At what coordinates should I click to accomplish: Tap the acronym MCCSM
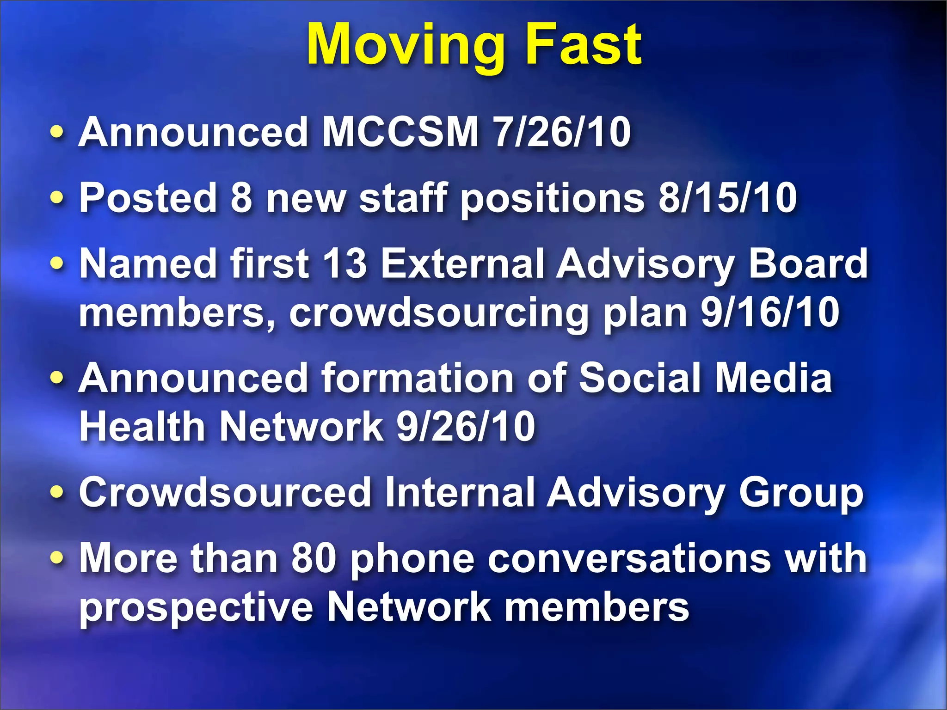(x=400, y=132)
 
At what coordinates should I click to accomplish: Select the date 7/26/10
(x=562, y=132)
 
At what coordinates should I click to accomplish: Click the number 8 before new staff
(x=241, y=198)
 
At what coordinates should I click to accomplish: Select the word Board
(x=808, y=263)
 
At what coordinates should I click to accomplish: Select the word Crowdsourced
(x=225, y=493)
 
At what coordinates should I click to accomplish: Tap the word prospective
(x=197, y=608)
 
